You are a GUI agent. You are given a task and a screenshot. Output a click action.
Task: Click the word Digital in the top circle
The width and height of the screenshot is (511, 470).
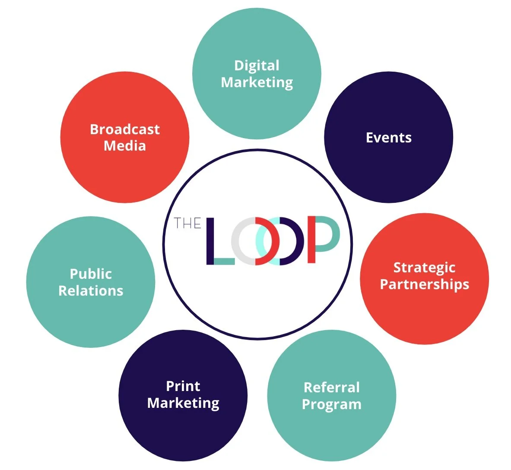coord(257,66)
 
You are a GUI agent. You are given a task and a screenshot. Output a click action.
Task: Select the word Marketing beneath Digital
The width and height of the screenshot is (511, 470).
coord(257,82)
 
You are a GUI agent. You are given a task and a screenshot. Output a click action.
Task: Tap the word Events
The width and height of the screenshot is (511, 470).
coord(389,138)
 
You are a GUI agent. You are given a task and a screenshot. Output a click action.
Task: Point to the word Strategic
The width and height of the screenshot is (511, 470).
coord(424,268)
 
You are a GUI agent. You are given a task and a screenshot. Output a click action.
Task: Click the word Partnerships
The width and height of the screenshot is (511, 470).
coord(425,285)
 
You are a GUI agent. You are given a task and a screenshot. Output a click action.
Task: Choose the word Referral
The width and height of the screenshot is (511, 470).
coord(332,388)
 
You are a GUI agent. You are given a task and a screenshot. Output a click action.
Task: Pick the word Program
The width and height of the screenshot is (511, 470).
coord(332,405)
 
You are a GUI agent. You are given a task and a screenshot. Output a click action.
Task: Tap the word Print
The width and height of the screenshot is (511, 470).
coord(183,386)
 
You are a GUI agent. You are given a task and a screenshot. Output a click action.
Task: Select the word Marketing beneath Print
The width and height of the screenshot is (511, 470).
coord(183,403)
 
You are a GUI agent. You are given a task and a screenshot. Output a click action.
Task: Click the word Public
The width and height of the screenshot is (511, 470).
coord(91,274)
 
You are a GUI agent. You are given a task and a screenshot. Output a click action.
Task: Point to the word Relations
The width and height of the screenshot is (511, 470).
coord(91,291)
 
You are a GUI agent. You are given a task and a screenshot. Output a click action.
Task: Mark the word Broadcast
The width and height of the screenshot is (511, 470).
coord(125,129)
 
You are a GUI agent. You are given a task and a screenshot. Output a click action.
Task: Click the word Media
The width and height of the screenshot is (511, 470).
coord(125,146)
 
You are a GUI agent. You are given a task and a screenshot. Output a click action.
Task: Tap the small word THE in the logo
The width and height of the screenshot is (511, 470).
coord(187,223)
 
